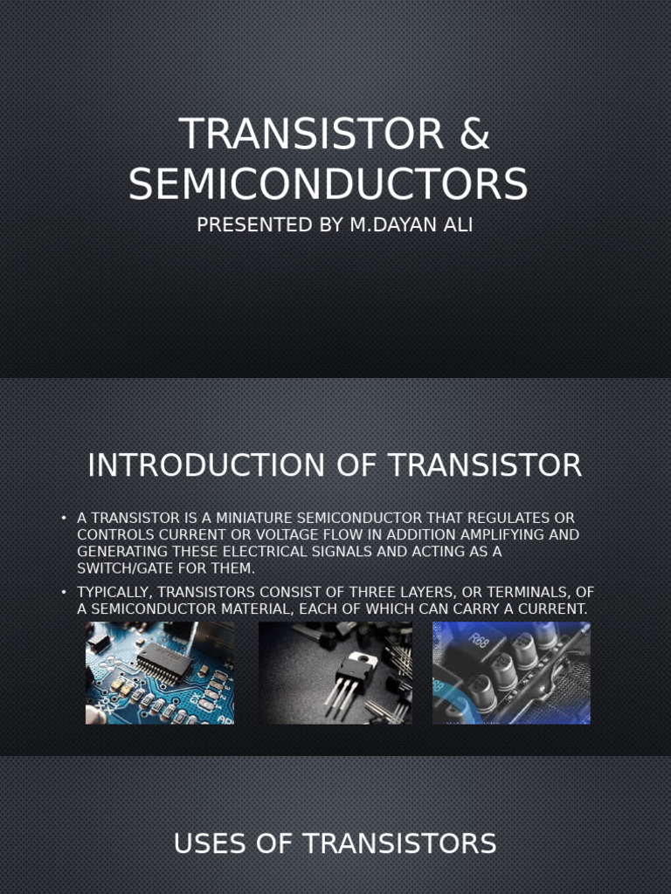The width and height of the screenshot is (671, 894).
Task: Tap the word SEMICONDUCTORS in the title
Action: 329,184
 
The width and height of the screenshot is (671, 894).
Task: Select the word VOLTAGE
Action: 314,535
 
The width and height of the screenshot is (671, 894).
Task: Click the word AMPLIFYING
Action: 488,535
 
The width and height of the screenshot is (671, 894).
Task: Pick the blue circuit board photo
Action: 159,673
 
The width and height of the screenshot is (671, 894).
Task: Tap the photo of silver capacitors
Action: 511,673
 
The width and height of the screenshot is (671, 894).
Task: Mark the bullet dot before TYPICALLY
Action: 64,592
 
